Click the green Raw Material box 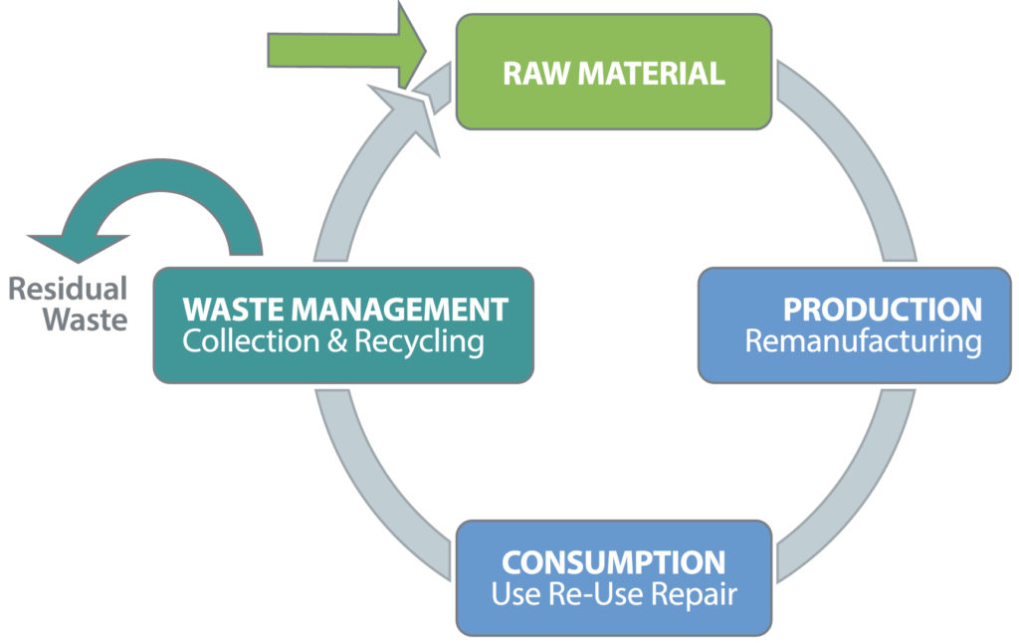[614, 72]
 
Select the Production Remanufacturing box [855, 325]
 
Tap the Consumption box [614, 578]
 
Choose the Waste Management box [343, 325]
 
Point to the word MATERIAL [651, 73]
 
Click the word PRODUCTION [883, 310]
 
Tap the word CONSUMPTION [613, 563]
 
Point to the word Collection [251, 341]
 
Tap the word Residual [68, 289]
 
